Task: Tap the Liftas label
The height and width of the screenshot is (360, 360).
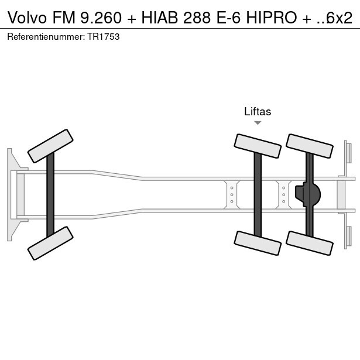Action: (x=258, y=111)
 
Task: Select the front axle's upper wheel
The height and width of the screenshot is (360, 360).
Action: (x=51, y=146)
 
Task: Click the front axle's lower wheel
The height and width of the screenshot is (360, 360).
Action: (x=51, y=243)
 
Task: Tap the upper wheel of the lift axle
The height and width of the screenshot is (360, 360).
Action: (x=257, y=146)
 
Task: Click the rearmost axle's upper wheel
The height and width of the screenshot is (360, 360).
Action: (x=309, y=146)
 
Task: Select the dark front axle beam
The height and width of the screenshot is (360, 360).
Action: (x=50, y=194)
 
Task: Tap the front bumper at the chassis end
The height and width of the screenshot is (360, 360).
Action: (x=11, y=194)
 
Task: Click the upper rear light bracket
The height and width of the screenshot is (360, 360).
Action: (x=348, y=152)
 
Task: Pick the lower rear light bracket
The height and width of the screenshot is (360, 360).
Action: (x=348, y=236)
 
